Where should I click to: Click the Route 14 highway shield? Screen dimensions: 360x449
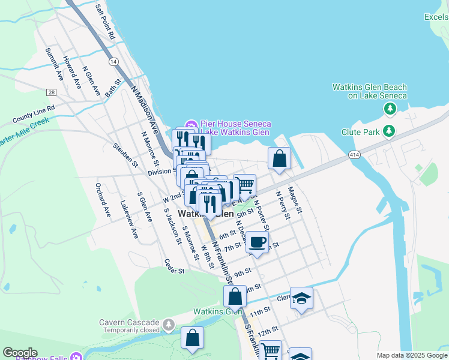point(113,62)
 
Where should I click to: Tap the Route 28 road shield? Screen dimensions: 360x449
point(52,92)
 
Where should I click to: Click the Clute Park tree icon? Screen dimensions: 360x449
point(390,130)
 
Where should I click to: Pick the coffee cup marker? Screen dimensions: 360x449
point(257,242)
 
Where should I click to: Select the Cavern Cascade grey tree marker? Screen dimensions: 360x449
point(169,325)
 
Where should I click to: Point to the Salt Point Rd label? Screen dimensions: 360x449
point(104,22)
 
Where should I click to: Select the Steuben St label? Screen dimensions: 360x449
point(125,155)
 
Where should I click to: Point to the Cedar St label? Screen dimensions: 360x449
point(173,266)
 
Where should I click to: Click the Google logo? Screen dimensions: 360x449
point(20,353)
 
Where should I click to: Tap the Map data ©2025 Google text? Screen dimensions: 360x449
point(411,355)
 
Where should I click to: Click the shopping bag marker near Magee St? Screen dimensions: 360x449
point(280,160)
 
